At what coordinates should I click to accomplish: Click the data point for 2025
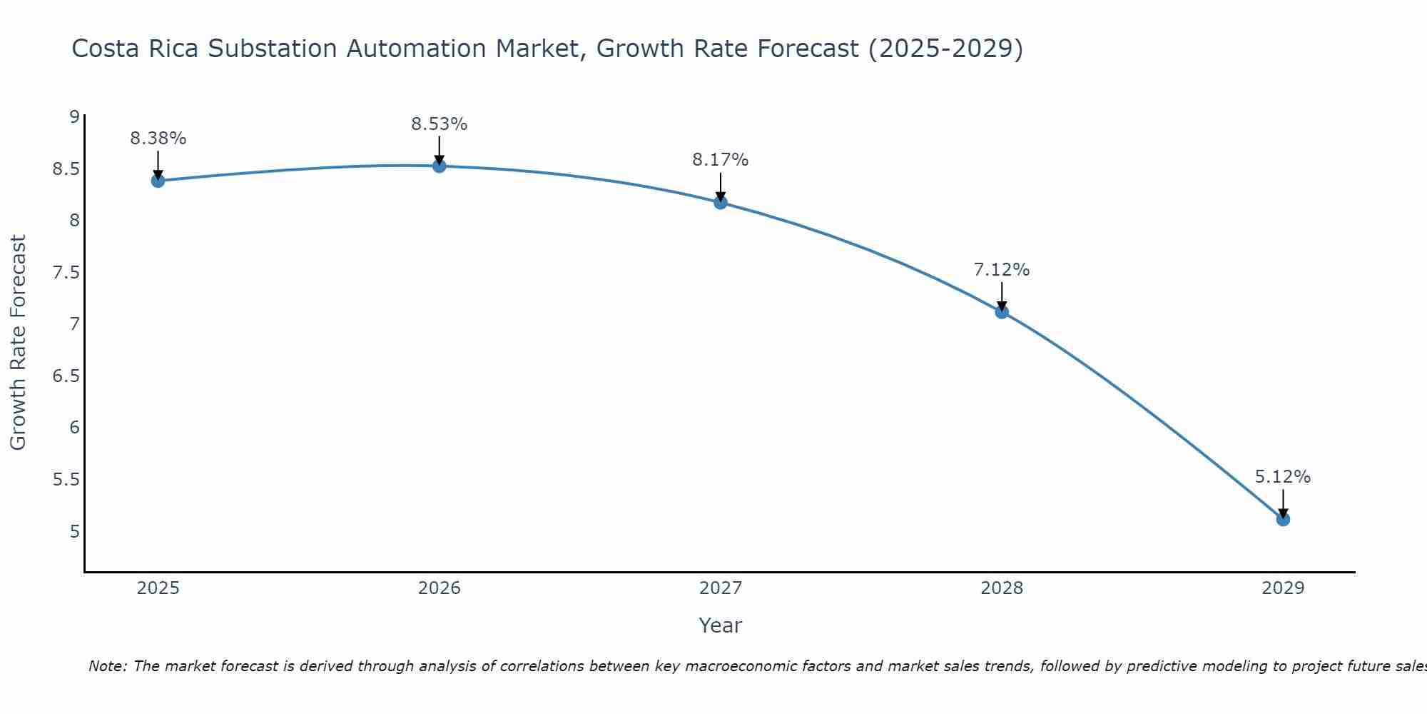pyautogui.click(x=158, y=181)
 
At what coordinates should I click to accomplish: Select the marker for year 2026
pyautogui.click(x=440, y=166)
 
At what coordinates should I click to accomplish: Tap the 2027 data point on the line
pyautogui.click(x=721, y=203)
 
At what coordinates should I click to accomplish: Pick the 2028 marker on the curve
pyautogui.click(x=1002, y=312)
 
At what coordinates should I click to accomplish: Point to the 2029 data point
pyautogui.click(x=1283, y=519)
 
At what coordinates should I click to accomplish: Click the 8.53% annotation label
pyautogui.click(x=440, y=124)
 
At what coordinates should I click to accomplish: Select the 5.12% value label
pyautogui.click(x=1283, y=477)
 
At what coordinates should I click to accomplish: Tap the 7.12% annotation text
pyautogui.click(x=1002, y=270)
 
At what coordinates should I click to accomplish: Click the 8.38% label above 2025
pyautogui.click(x=158, y=139)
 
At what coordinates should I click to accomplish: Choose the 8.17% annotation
pyautogui.click(x=721, y=160)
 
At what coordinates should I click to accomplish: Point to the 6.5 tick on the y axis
pyautogui.click(x=66, y=376)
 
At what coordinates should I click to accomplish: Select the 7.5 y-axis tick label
pyautogui.click(x=66, y=272)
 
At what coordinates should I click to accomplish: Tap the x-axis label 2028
pyautogui.click(x=1002, y=588)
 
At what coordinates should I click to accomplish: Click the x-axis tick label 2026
pyautogui.click(x=440, y=588)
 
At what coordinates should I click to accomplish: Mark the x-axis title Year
pyautogui.click(x=721, y=625)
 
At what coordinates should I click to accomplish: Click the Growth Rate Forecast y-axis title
pyautogui.click(x=18, y=343)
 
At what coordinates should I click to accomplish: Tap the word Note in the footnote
pyautogui.click(x=107, y=666)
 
